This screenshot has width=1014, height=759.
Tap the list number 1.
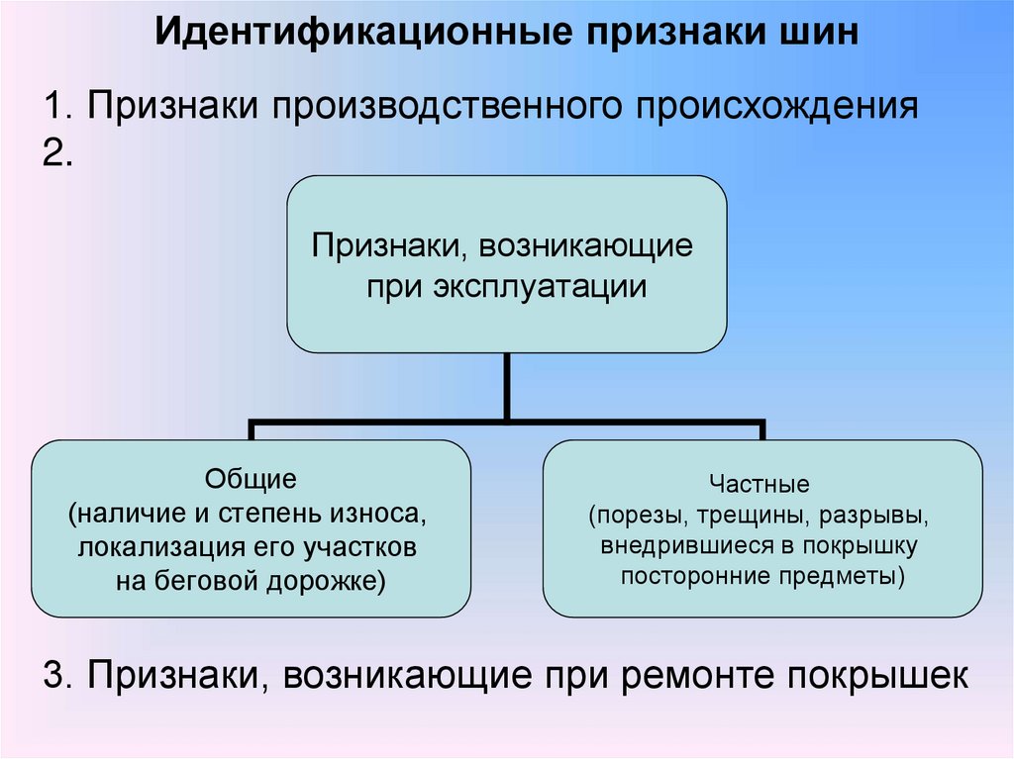(55, 104)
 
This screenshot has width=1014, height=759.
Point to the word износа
(388, 515)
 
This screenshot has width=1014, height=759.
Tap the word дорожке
(323, 581)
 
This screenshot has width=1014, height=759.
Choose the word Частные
(760, 485)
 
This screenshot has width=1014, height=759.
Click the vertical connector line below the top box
(506, 387)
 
